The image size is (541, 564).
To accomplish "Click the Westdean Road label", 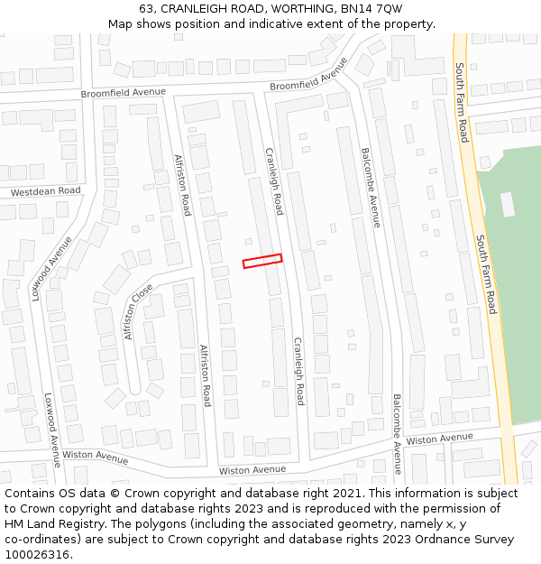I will [x=46, y=191].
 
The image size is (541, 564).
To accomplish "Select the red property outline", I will [x=261, y=261].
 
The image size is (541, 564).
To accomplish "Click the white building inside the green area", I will [x=508, y=205].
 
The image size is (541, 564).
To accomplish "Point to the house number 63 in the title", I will [x=147, y=8].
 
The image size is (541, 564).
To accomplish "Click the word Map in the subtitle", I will [x=122, y=23].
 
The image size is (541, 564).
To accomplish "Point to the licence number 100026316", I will [x=36, y=555].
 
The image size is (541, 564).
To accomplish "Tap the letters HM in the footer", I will [x=15, y=524].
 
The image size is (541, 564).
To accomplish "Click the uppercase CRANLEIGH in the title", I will [x=198, y=8].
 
